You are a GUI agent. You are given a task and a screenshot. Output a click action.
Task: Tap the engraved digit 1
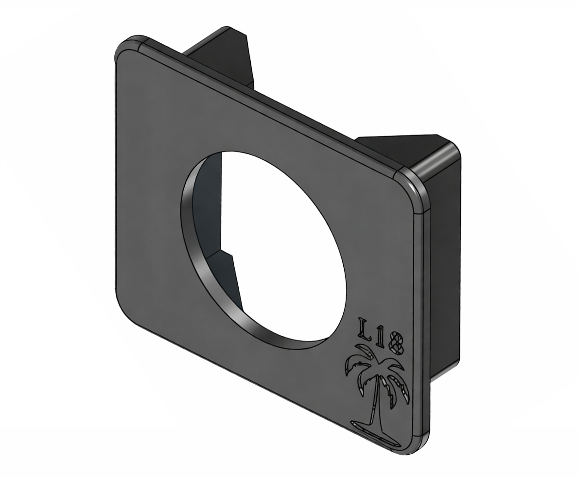tap(381, 337)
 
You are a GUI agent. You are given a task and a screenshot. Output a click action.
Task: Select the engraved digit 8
tap(397, 343)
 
